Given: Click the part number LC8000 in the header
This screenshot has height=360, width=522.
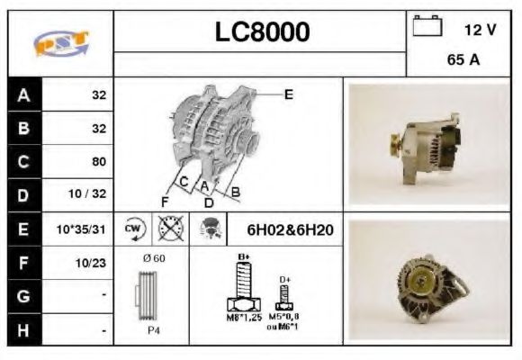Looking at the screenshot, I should click(262, 32).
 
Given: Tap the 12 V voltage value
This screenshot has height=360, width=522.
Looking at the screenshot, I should click(480, 29).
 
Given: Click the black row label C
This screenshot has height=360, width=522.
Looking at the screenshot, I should click(22, 162).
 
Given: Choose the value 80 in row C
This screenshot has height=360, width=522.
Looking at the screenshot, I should click(99, 162).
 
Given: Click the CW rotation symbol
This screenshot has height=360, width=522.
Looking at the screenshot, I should click(133, 229).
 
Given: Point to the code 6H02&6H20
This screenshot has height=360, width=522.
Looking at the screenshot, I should click(290, 230).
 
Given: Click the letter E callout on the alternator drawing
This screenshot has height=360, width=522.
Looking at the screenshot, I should click(288, 93).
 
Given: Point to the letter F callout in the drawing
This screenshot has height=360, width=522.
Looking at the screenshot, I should click(165, 200).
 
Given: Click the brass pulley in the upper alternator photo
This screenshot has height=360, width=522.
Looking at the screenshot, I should click(394, 143).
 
